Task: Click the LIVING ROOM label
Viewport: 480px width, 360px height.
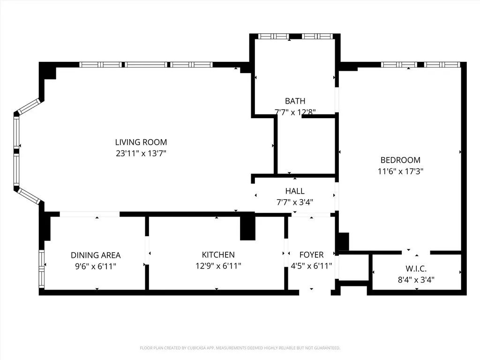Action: [141, 142]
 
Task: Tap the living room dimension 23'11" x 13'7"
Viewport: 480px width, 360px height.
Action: [141, 153]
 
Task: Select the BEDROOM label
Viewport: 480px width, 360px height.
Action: [400, 160]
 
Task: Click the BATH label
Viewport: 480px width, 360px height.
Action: [295, 101]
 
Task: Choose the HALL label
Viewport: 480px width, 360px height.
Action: [295, 191]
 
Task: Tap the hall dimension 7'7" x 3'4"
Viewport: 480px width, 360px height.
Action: [295, 202]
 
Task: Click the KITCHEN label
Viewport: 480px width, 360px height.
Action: [218, 255]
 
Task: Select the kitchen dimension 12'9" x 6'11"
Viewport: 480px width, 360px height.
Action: [218, 266]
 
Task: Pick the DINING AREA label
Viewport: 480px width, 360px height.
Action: [96, 255]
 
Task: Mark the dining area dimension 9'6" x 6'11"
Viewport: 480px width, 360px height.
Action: [96, 266]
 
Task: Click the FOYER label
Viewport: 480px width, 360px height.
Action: [311, 255]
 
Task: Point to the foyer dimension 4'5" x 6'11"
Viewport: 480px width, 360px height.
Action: [311, 266]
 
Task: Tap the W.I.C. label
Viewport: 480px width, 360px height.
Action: [417, 270]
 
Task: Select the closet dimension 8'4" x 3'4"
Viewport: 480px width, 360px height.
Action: [417, 281]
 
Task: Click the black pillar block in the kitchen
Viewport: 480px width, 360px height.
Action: [247, 227]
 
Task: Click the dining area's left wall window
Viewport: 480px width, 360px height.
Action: [41, 269]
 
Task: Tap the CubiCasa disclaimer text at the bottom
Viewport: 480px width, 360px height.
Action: [240, 348]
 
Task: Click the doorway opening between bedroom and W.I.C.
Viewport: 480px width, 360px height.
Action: [416, 252]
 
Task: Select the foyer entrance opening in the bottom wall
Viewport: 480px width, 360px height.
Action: [315, 292]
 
